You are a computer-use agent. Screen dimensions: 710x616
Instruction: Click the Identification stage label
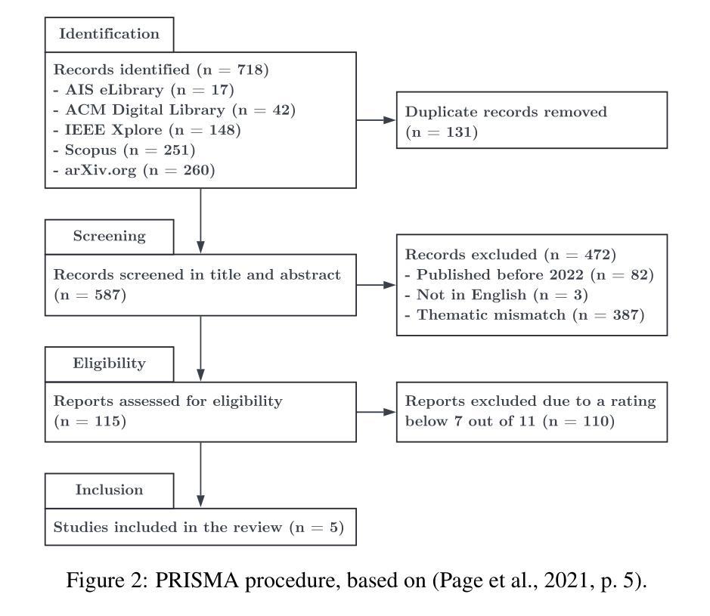pyautogui.click(x=109, y=34)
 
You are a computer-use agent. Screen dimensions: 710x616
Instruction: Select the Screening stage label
pyautogui.click(x=109, y=237)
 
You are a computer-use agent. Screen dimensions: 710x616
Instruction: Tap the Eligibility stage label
pyautogui.click(x=109, y=364)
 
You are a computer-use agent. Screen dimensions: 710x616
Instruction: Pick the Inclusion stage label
pyautogui.click(x=109, y=490)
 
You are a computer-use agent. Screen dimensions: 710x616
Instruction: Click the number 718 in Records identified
pyautogui.click(x=250, y=70)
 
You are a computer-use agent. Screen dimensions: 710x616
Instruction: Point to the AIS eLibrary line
pyautogui.click(x=144, y=90)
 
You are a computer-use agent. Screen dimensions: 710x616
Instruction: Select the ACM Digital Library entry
pyautogui.click(x=175, y=110)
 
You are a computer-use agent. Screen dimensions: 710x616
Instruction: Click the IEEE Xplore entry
pyautogui.click(x=147, y=130)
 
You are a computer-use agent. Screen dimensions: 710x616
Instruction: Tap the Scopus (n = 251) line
pyautogui.click(x=124, y=150)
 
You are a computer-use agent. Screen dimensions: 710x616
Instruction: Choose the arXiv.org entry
pyautogui.click(x=134, y=171)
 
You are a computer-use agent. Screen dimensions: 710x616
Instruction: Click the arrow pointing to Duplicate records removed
pyautogui.click(x=377, y=120)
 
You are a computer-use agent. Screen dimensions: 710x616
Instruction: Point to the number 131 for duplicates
pyautogui.click(x=459, y=132)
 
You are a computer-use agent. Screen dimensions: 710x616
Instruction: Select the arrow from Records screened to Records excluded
pyautogui.click(x=377, y=285)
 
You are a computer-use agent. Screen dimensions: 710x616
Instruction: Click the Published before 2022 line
pyautogui.click(x=529, y=275)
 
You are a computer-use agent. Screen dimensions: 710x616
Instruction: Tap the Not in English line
pyautogui.click(x=496, y=295)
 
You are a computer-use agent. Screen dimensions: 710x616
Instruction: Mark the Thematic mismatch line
pyautogui.click(x=524, y=315)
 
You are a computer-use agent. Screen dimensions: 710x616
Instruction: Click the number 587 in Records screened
pyautogui.click(x=107, y=295)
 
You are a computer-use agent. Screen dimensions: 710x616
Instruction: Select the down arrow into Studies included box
pyautogui.click(x=200, y=475)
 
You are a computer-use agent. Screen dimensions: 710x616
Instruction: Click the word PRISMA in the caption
pyautogui.click(x=197, y=580)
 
